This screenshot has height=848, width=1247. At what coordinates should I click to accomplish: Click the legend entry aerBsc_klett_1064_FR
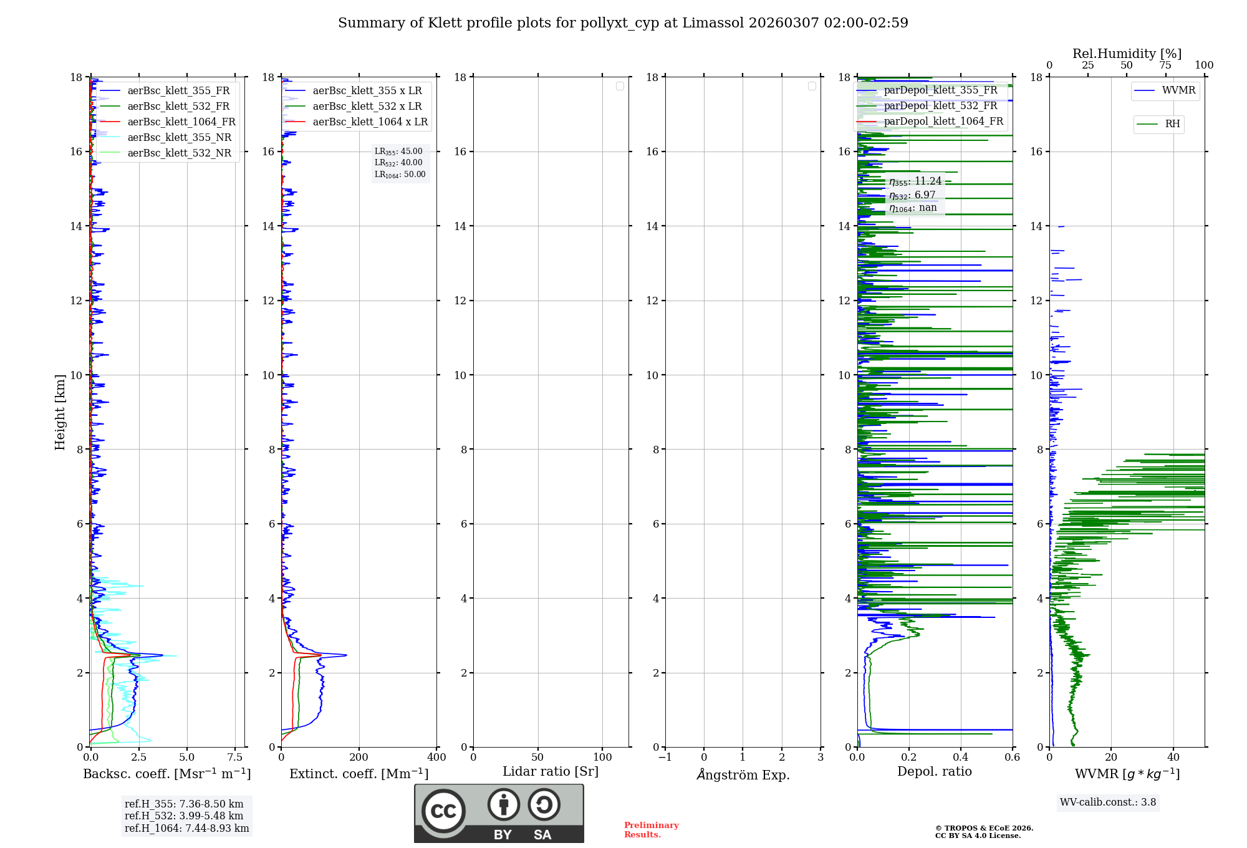181,122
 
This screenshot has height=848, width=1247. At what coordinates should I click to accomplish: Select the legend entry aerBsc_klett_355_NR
179,138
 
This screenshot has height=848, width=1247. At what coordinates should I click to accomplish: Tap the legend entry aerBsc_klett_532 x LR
367,107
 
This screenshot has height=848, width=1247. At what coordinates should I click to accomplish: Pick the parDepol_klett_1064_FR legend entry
943,122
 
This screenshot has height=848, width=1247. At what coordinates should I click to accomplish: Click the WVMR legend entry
1178,90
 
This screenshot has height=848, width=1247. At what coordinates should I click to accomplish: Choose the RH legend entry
1172,124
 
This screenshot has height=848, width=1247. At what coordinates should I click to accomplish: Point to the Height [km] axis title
60,412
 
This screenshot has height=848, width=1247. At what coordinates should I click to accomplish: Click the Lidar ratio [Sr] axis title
551,772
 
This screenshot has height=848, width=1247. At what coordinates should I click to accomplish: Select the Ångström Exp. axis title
743,775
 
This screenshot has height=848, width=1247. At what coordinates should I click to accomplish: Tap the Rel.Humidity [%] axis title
1127,54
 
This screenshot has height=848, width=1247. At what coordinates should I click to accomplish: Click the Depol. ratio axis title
934,772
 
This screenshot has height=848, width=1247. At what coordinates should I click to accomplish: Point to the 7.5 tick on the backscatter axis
235,758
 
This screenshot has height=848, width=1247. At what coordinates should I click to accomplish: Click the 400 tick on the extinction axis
436,758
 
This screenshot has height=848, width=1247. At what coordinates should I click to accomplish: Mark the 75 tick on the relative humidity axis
1165,65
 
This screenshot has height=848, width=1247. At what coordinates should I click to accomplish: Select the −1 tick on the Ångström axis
665,758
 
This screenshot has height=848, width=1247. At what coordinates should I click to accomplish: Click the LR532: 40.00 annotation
398,163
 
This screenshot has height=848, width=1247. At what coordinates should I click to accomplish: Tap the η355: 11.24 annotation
915,181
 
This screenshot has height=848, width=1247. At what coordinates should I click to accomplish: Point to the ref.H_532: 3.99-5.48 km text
184,816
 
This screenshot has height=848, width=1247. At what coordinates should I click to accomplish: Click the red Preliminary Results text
651,830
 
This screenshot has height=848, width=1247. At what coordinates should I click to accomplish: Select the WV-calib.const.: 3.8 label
1108,802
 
